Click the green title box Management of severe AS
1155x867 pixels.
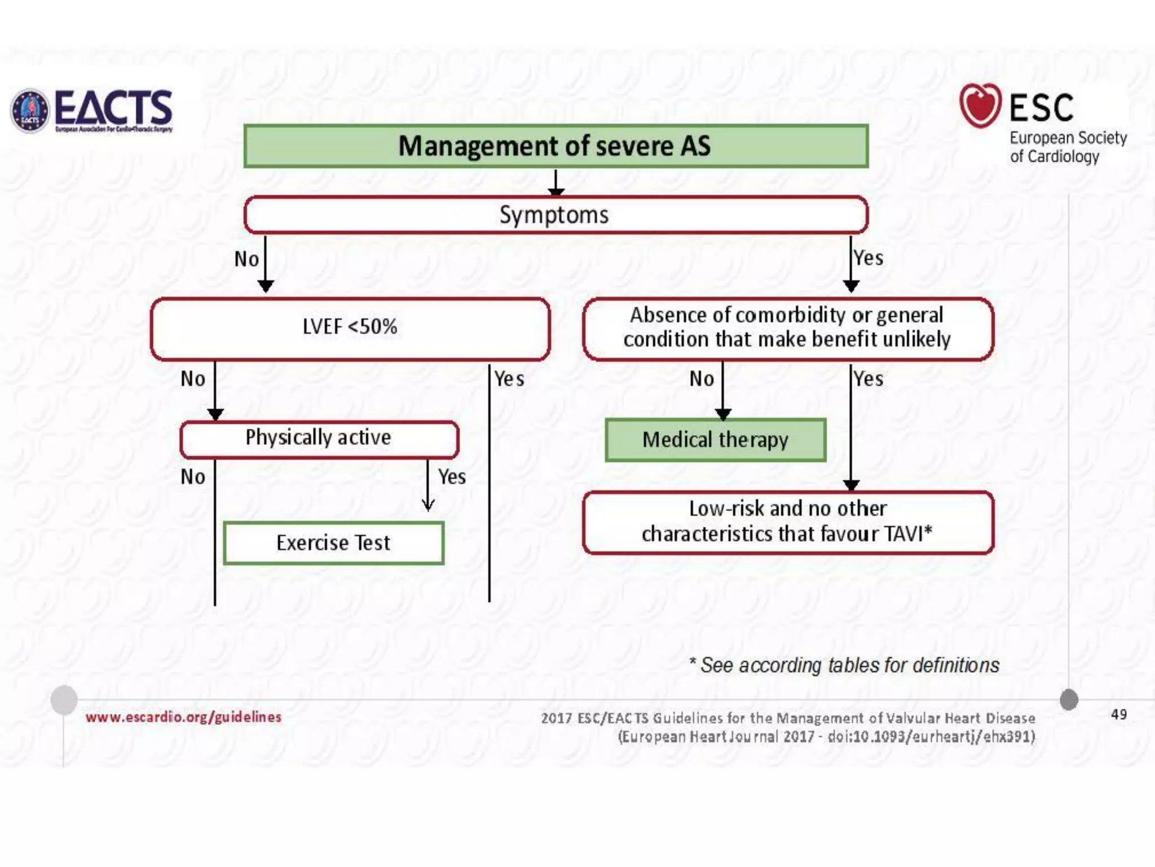[556, 146]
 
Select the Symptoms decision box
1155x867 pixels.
[556, 215]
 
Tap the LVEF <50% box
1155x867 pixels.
[350, 328]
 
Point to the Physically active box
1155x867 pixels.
[319, 439]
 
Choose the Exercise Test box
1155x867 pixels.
[333, 543]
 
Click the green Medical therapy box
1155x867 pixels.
[715, 440]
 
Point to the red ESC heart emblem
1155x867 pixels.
[980, 105]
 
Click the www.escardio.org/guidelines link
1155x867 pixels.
[183, 717]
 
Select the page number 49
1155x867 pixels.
[1119, 715]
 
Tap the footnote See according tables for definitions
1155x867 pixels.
[844, 665]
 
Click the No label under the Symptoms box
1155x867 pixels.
[246, 259]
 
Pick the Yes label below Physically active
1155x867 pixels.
[452, 477]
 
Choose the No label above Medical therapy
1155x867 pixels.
[702, 379]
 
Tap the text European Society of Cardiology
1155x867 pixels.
[1068, 147]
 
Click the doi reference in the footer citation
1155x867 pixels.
[931, 737]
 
